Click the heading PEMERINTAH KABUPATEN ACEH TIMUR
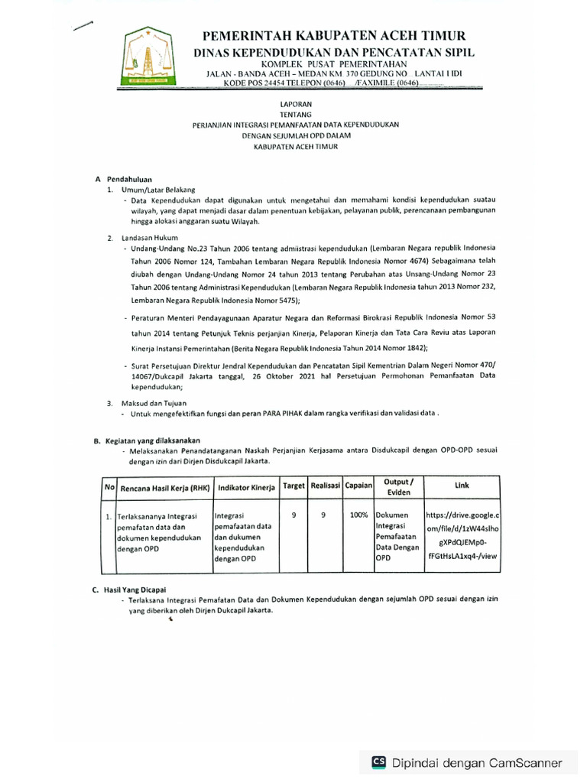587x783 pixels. pyautogui.click(x=332, y=36)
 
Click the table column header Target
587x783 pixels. pyautogui.click(x=293, y=486)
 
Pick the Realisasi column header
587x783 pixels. pyautogui.click(x=324, y=486)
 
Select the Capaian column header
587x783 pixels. pyautogui.click(x=358, y=486)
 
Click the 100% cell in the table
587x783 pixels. pyautogui.click(x=358, y=515)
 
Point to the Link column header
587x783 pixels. pyautogui.click(x=462, y=486)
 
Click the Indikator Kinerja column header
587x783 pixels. pyautogui.click(x=246, y=487)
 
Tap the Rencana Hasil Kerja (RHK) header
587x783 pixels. pyautogui.click(x=164, y=487)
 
